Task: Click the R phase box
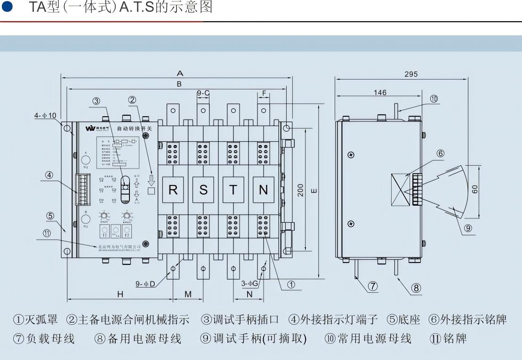(x=173, y=190)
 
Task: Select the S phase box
(x=203, y=190)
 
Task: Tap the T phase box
(x=233, y=190)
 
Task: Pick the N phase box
(x=264, y=190)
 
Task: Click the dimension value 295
(x=410, y=74)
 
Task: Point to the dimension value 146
(x=380, y=93)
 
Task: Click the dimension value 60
(x=475, y=189)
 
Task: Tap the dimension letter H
(x=120, y=294)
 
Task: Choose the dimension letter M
(x=188, y=294)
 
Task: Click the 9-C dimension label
(x=203, y=93)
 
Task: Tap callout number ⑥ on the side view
(x=440, y=153)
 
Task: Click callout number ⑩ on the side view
(x=434, y=99)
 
